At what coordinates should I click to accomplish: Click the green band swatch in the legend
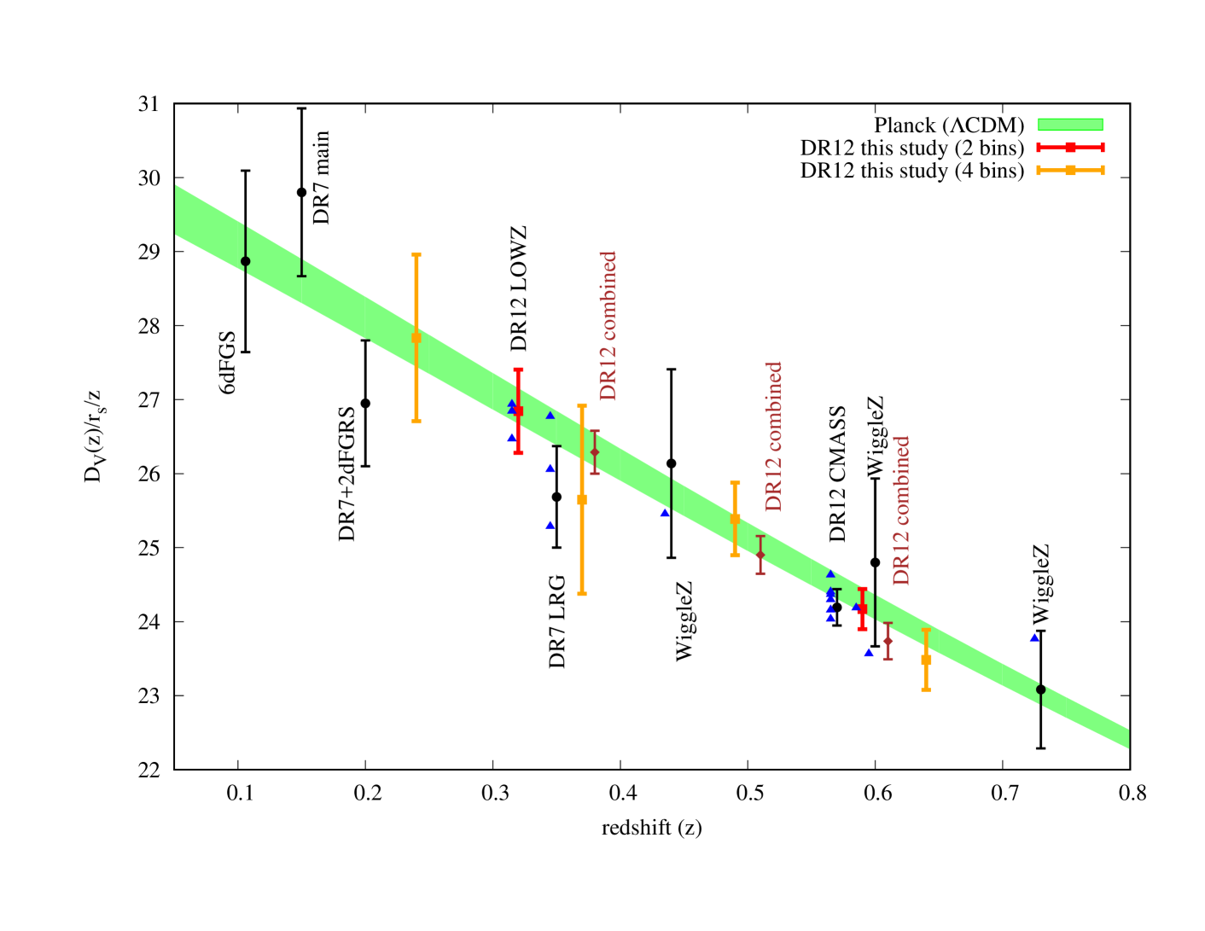[1069, 125]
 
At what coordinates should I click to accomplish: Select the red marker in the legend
[1070, 148]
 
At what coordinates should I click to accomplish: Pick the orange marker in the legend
[1070, 171]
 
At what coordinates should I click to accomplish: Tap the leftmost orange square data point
[416, 338]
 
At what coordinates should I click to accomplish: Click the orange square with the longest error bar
[582, 499]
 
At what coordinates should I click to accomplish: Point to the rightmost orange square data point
[926, 660]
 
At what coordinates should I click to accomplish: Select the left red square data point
[518, 411]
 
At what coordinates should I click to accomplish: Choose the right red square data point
[862, 609]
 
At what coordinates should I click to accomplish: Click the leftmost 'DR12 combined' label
[608, 326]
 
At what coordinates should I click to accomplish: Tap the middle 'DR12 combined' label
[773, 437]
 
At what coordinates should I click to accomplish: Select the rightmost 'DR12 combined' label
[901, 511]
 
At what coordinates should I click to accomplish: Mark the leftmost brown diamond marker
[595, 452]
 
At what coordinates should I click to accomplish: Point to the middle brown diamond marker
[760, 556]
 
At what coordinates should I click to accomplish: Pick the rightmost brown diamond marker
[888, 640]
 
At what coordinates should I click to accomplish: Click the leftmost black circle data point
[246, 261]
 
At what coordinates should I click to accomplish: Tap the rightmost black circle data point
[1040, 690]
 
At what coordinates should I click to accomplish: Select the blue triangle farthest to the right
[1034, 637]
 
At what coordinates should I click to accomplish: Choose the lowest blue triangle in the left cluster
[550, 525]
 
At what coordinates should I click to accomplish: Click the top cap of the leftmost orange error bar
[416, 254]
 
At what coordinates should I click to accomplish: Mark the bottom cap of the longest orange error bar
[582, 593]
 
